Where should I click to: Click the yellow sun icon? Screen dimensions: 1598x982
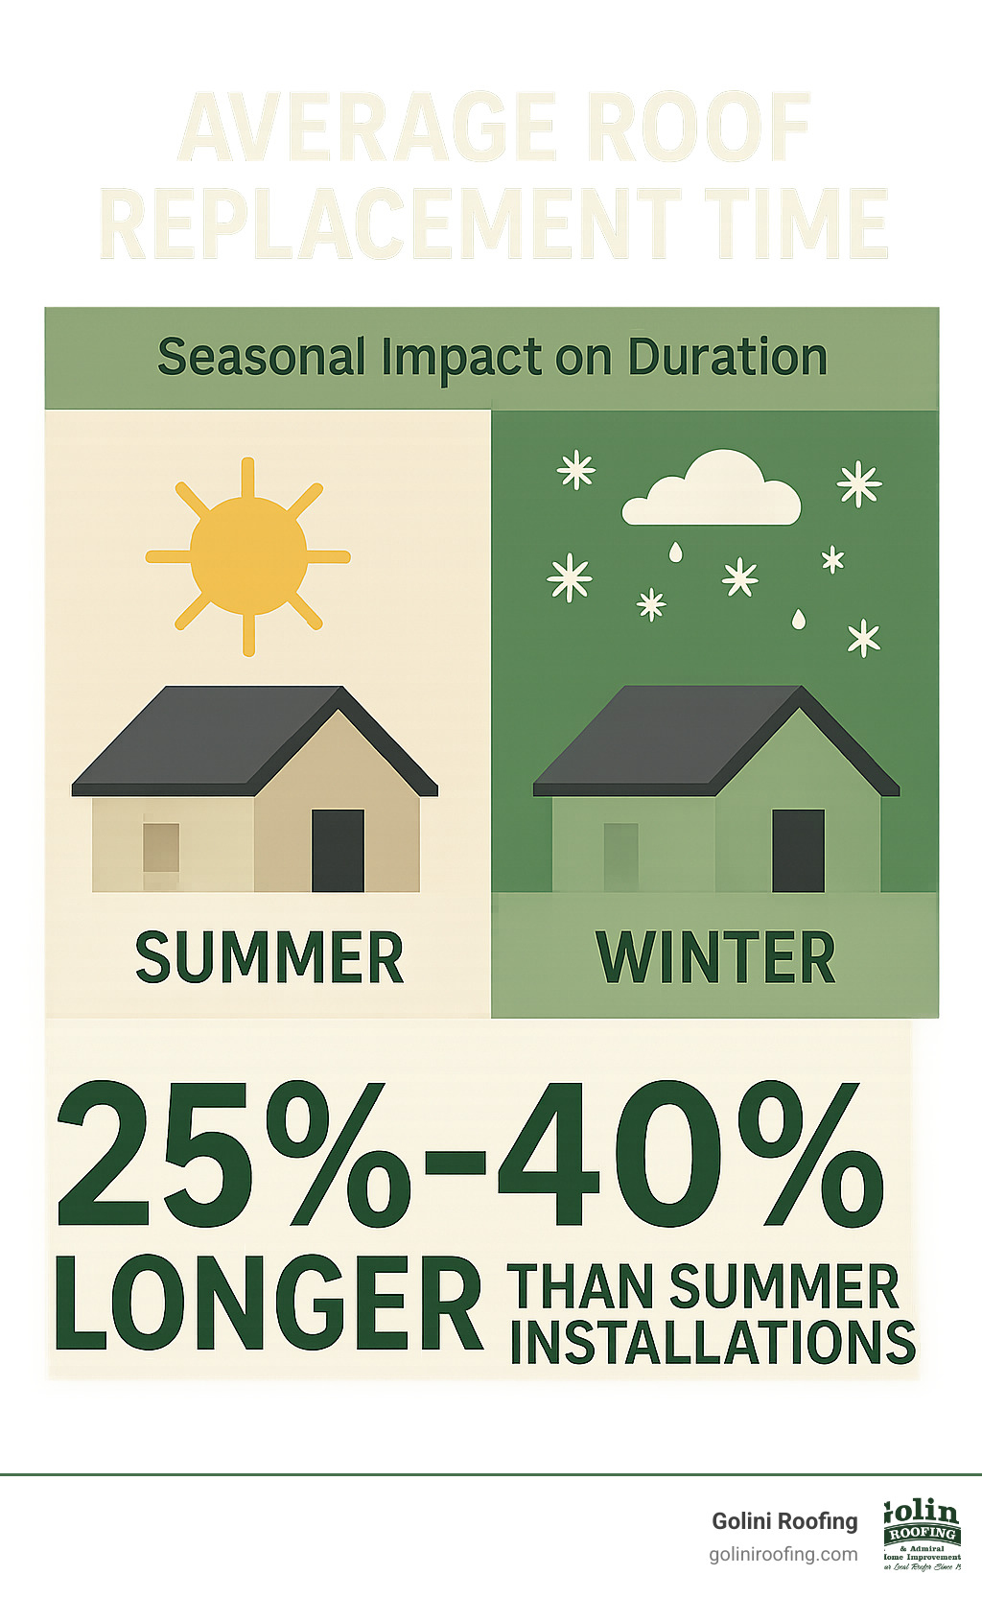tap(248, 555)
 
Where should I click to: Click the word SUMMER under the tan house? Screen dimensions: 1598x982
tap(269, 957)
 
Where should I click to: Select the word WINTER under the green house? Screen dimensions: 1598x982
tap(715, 957)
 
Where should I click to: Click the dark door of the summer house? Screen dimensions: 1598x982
tap(338, 850)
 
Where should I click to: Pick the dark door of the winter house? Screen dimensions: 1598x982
tap(798, 850)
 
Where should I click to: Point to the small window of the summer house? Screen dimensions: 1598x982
tap(161, 848)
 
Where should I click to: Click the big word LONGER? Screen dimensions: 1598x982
tap(269, 1303)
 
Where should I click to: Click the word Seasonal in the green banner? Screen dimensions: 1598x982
tap(261, 357)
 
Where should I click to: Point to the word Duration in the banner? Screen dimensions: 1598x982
tap(727, 357)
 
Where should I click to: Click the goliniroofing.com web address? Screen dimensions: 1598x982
tap(783, 1554)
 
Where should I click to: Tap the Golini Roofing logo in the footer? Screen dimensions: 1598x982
tap(921, 1535)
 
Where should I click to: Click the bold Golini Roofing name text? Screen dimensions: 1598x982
tap(784, 1521)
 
